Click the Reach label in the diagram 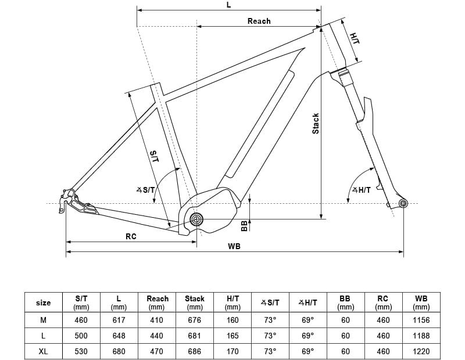(x=259, y=21)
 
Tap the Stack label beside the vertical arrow (x=316, y=123)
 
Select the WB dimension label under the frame (x=234, y=246)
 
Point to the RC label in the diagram (x=131, y=236)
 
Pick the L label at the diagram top (x=228, y=5)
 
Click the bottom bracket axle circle (x=196, y=219)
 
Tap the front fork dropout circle (x=403, y=203)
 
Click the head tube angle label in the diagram (x=361, y=189)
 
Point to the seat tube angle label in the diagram (x=145, y=189)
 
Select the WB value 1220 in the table (x=421, y=351)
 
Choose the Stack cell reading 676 (x=195, y=320)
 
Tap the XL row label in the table (x=44, y=351)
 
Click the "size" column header (x=44, y=303)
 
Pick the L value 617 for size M (x=119, y=320)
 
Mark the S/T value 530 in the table (x=81, y=351)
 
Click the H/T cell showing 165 (x=233, y=336)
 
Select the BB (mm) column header (x=346, y=303)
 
